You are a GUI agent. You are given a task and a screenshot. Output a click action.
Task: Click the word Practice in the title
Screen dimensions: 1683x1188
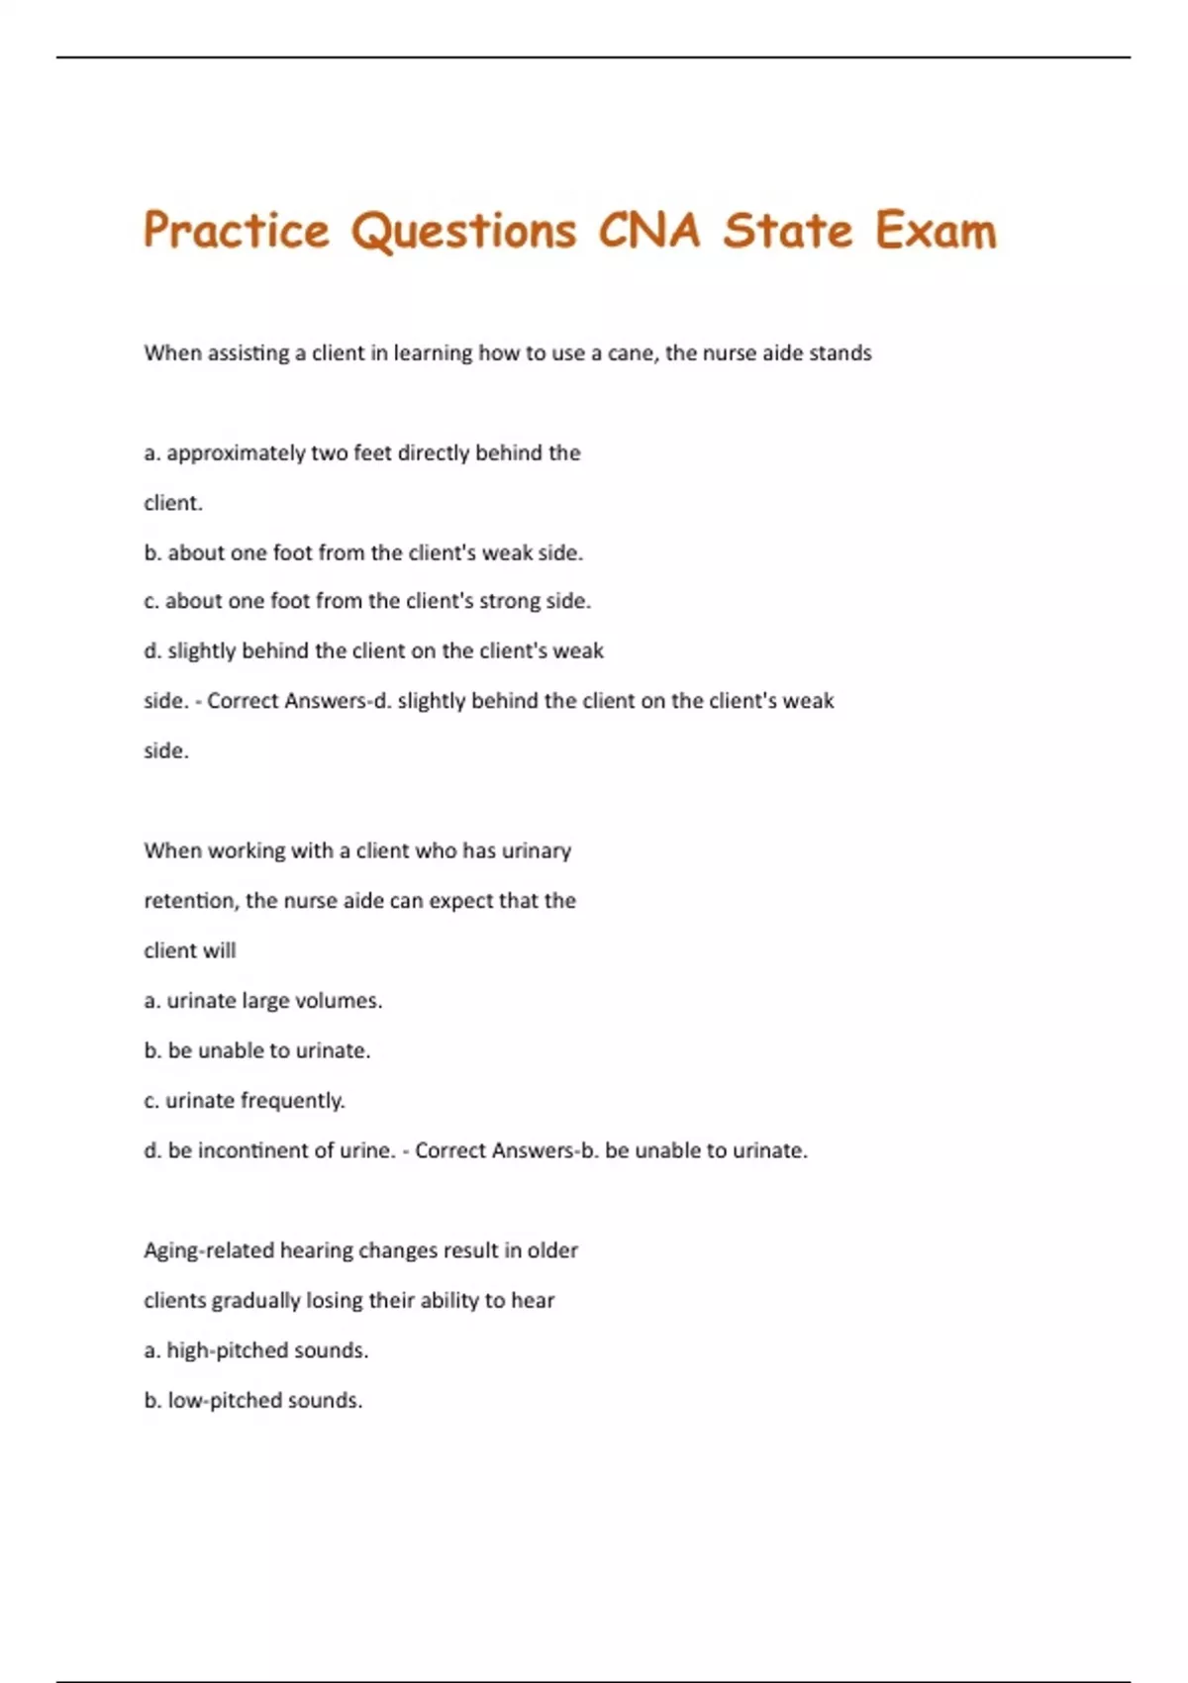point(236,231)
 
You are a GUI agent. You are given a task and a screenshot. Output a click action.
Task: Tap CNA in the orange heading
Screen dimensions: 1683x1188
point(648,231)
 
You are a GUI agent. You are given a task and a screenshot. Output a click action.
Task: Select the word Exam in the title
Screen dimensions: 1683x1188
point(935,231)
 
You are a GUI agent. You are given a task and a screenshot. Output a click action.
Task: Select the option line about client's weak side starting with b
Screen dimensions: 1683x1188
point(363,552)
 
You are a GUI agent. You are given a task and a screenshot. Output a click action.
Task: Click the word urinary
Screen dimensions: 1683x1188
point(536,850)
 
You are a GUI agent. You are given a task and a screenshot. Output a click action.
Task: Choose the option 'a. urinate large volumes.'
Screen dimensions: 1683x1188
point(263,1001)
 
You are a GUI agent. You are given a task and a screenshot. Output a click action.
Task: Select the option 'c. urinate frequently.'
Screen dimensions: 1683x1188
point(245,1101)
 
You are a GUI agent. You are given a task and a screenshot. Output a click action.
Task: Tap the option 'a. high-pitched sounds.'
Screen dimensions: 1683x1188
point(256,1350)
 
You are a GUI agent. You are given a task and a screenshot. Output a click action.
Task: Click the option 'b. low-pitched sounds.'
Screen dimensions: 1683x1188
point(253,1401)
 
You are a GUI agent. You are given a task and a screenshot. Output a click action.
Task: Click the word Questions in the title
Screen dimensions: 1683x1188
point(463,231)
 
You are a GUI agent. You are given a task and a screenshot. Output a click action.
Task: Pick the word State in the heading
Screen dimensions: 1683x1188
point(787,231)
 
